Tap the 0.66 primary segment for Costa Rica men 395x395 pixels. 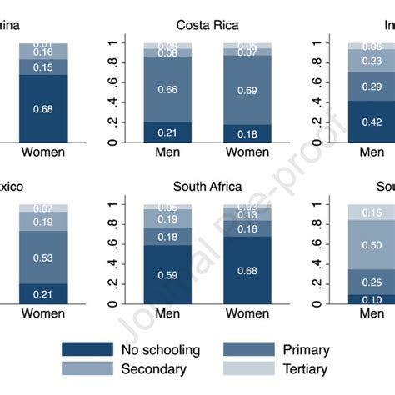point(167,89)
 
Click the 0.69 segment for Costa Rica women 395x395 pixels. point(247,89)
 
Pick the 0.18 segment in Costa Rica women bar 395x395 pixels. point(247,133)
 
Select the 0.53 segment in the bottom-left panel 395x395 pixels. point(42,257)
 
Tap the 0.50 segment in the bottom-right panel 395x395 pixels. point(372,244)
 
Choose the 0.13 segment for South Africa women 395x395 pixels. point(247,215)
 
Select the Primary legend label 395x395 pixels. point(306,350)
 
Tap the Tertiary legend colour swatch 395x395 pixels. point(245,369)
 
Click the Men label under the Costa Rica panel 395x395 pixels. point(167,153)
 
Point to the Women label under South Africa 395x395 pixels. point(247,315)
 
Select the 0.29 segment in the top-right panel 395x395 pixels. point(372,86)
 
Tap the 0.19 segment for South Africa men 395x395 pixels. point(167,218)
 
